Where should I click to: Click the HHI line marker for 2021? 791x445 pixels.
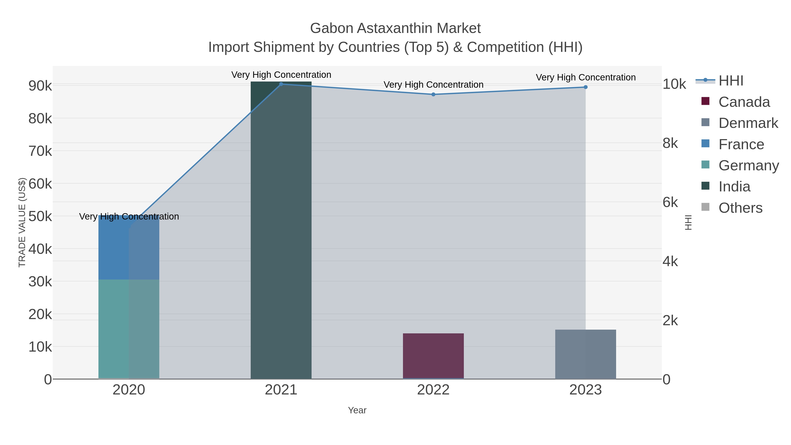click(281, 84)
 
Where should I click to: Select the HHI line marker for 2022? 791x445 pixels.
click(433, 94)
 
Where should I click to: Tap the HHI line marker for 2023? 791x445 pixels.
click(586, 87)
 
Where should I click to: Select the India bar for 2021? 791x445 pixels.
click(281, 230)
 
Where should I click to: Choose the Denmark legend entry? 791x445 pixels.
click(748, 123)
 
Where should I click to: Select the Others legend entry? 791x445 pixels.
click(740, 208)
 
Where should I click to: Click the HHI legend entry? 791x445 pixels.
click(731, 81)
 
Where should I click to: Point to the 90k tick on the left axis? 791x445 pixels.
click(40, 86)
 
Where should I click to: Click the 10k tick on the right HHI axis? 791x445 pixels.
click(674, 84)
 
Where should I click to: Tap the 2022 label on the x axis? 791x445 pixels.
click(433, 390)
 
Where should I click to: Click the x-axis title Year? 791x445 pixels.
click(357, 410)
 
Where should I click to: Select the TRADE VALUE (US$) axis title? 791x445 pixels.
click(22, 222)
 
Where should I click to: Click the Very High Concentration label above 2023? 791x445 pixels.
click(586, 77)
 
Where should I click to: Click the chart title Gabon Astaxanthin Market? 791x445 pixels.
click(395, 28)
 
